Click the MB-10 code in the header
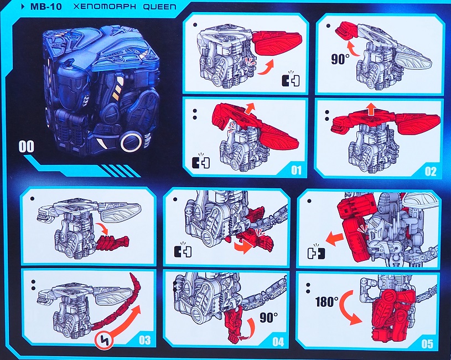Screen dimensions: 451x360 point(46,7)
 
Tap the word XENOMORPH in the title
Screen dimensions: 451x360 point(105,7)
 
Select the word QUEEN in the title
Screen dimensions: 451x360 point(159,7)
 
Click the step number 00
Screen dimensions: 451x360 point(26,146)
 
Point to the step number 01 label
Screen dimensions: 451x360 point(296,170)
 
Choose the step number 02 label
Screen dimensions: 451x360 point(431,172)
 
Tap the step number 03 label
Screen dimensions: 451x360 point(144,340)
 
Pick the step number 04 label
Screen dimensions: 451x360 point(278,342)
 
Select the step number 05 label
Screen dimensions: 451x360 point(427,343)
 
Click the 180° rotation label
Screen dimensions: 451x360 point(327,302)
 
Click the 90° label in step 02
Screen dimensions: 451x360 point(340,59)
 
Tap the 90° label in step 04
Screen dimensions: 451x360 point(268,317)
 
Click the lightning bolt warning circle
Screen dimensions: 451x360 point(104,341)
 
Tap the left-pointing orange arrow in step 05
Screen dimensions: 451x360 point(335,240)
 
